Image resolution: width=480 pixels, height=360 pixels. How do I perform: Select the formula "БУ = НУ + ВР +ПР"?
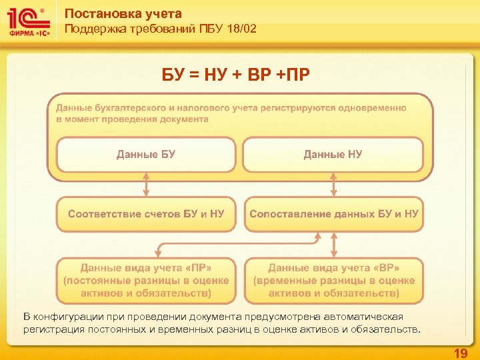236,72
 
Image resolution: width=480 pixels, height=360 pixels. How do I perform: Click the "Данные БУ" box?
146,155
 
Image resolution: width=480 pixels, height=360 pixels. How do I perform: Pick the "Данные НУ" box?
333,155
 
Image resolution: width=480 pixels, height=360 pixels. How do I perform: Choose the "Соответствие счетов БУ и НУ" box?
146,214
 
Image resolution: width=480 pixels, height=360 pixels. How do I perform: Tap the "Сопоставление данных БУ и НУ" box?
334,214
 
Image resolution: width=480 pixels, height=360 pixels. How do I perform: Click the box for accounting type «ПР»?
146,280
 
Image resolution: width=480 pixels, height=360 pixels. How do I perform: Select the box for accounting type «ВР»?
334,280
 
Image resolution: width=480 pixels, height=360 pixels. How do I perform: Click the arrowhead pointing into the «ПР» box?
157,254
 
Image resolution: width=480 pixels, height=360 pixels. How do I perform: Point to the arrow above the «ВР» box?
333,245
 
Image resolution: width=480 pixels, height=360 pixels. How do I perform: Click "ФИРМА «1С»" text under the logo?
27,38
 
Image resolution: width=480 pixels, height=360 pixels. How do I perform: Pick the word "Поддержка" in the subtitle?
92,29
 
